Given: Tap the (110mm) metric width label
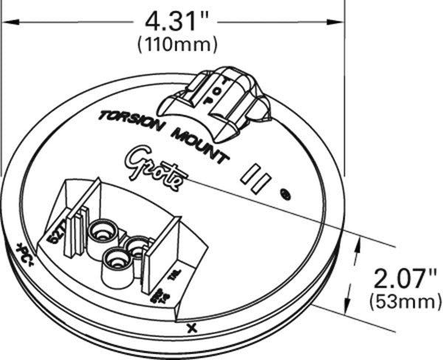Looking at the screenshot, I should pyautogui.click(x=177, y=44).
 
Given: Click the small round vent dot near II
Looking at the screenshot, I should pyautogui.click(x=286, y=195).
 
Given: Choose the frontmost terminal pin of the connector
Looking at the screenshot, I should pyautogui.click(x=114, y=258).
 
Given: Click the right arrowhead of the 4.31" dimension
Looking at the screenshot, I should pyautogui.click(x=341, y=23).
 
